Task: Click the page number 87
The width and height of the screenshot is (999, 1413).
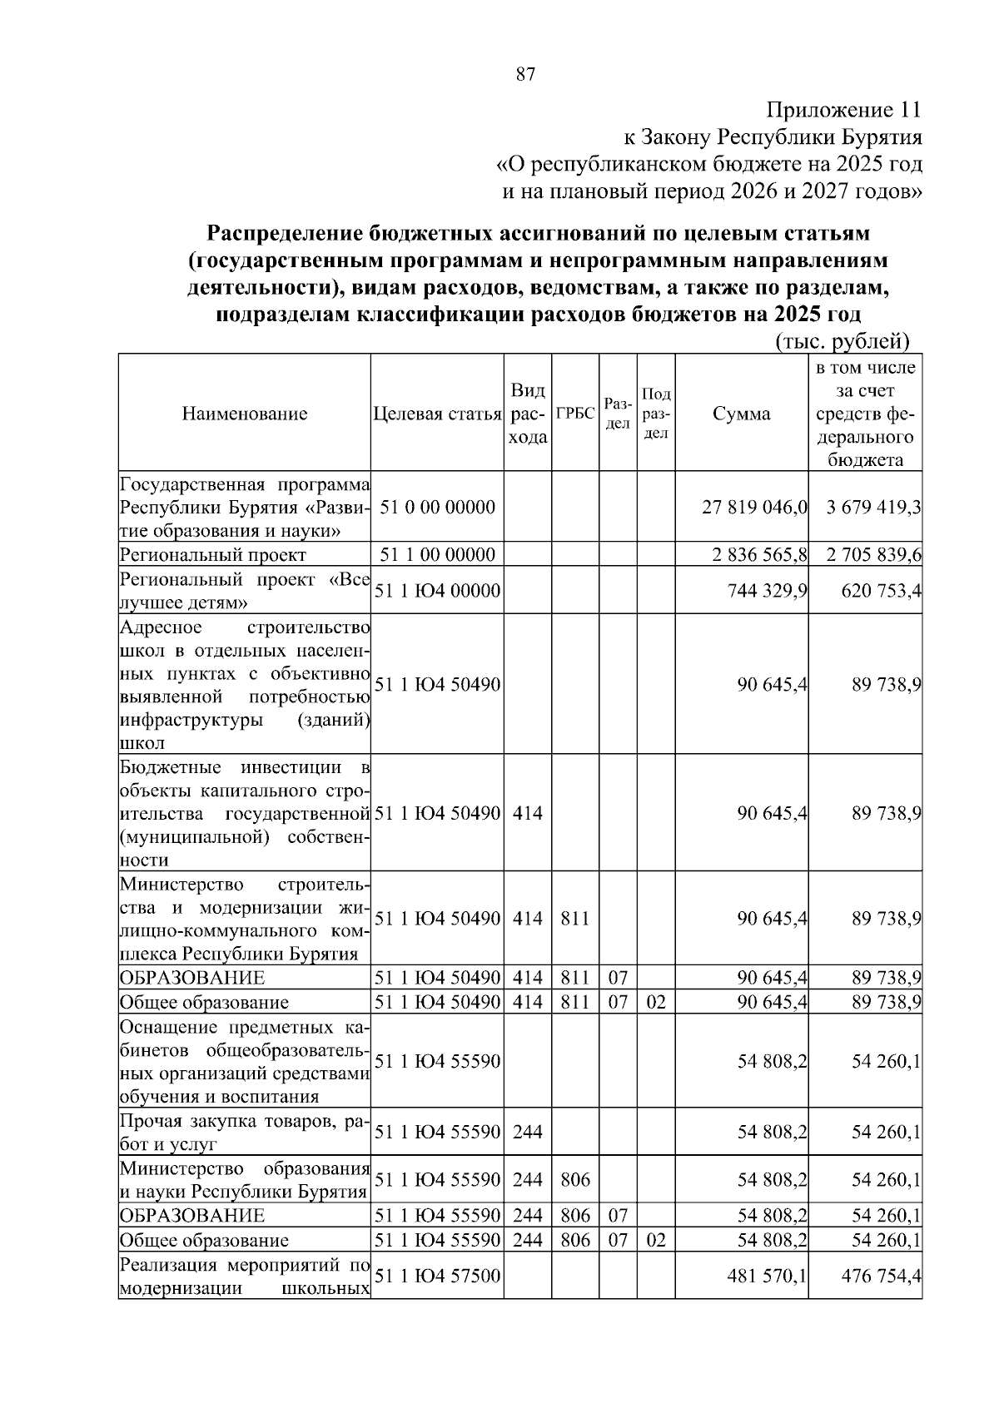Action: tap(525, 75)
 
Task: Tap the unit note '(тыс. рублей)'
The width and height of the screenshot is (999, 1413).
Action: tap(842, 341)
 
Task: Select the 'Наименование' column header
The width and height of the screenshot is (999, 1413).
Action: tap(245, 414)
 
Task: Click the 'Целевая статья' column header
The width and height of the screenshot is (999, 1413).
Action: tap(437, 414)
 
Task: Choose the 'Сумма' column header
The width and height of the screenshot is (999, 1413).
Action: tap(741, 414)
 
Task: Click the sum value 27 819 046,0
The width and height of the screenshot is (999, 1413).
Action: tap(754, 508)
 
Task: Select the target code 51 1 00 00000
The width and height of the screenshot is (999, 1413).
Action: tap(437, 554)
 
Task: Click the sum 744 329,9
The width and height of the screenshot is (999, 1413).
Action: tap(765, 591)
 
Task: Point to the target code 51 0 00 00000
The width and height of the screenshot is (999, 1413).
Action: tap(437, 508)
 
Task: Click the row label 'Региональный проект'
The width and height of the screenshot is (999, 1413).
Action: tap(213, 555)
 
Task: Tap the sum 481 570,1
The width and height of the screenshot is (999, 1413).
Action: tap(765, 1276)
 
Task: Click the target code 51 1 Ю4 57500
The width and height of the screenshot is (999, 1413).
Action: tap(437, 1276)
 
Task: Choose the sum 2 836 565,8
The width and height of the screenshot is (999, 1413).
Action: tap(759, 554)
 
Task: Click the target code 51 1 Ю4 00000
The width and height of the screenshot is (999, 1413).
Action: tap(437, 591)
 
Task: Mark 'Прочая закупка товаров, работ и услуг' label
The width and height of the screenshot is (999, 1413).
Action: tap(244, 1132)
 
